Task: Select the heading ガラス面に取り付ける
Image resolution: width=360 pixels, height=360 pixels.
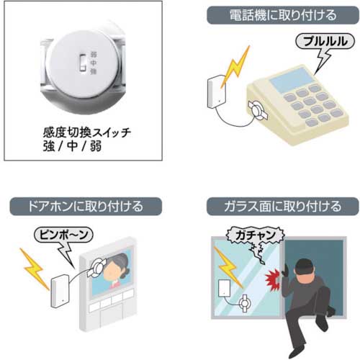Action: click(x=272, y=207)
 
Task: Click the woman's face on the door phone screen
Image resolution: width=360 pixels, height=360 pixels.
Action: click(x=114, y=273)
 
